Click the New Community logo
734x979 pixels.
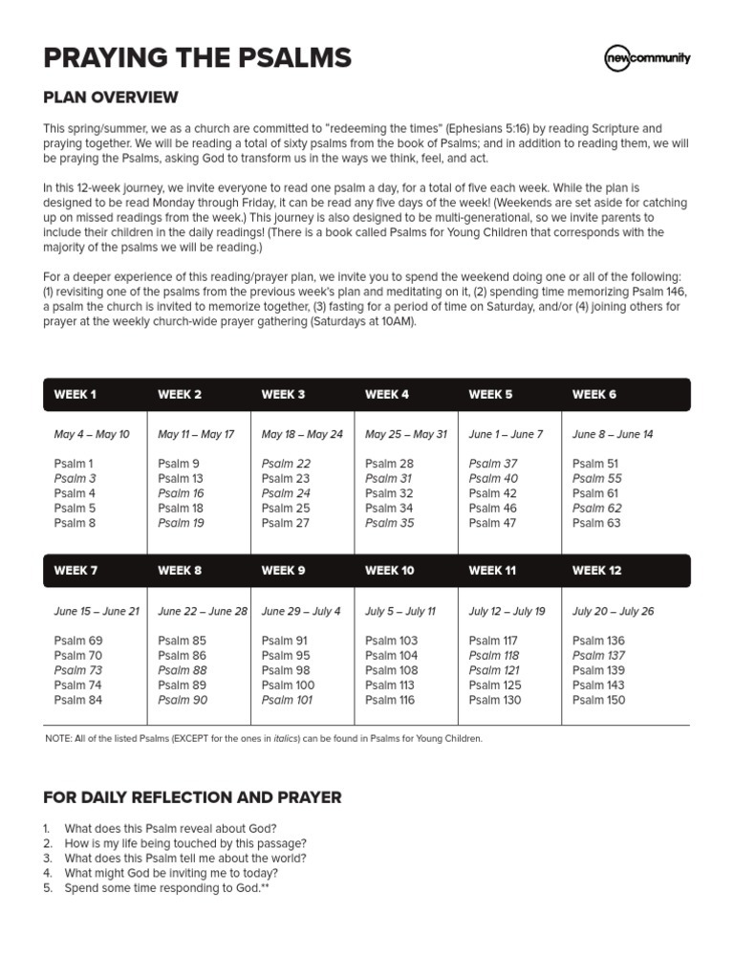tap(647, 58)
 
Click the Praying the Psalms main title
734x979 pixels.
tap(197, 58)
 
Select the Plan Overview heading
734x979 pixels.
tap(110, 98)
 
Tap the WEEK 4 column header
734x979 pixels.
tap(387, 394)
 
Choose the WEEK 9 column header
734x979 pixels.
tap(283, 571)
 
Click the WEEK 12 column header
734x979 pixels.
tap(596, 571)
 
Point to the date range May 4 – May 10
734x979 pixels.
tap(92, 434)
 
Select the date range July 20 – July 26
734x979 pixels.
tap(613, 611)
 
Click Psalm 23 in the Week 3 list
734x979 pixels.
tap(286, 478)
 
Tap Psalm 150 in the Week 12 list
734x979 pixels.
tap(598, 700)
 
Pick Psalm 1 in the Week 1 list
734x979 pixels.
tap(74, 464)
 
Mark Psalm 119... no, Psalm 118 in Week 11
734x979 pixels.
tap(494, 655)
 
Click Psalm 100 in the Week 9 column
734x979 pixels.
tap(288, 685)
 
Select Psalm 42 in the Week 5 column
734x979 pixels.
tap(492, 493)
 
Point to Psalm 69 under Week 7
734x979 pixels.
tap(78, 641)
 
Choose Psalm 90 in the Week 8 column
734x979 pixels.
tap(182, 700)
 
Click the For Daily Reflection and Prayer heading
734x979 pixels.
tap(192, 797)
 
